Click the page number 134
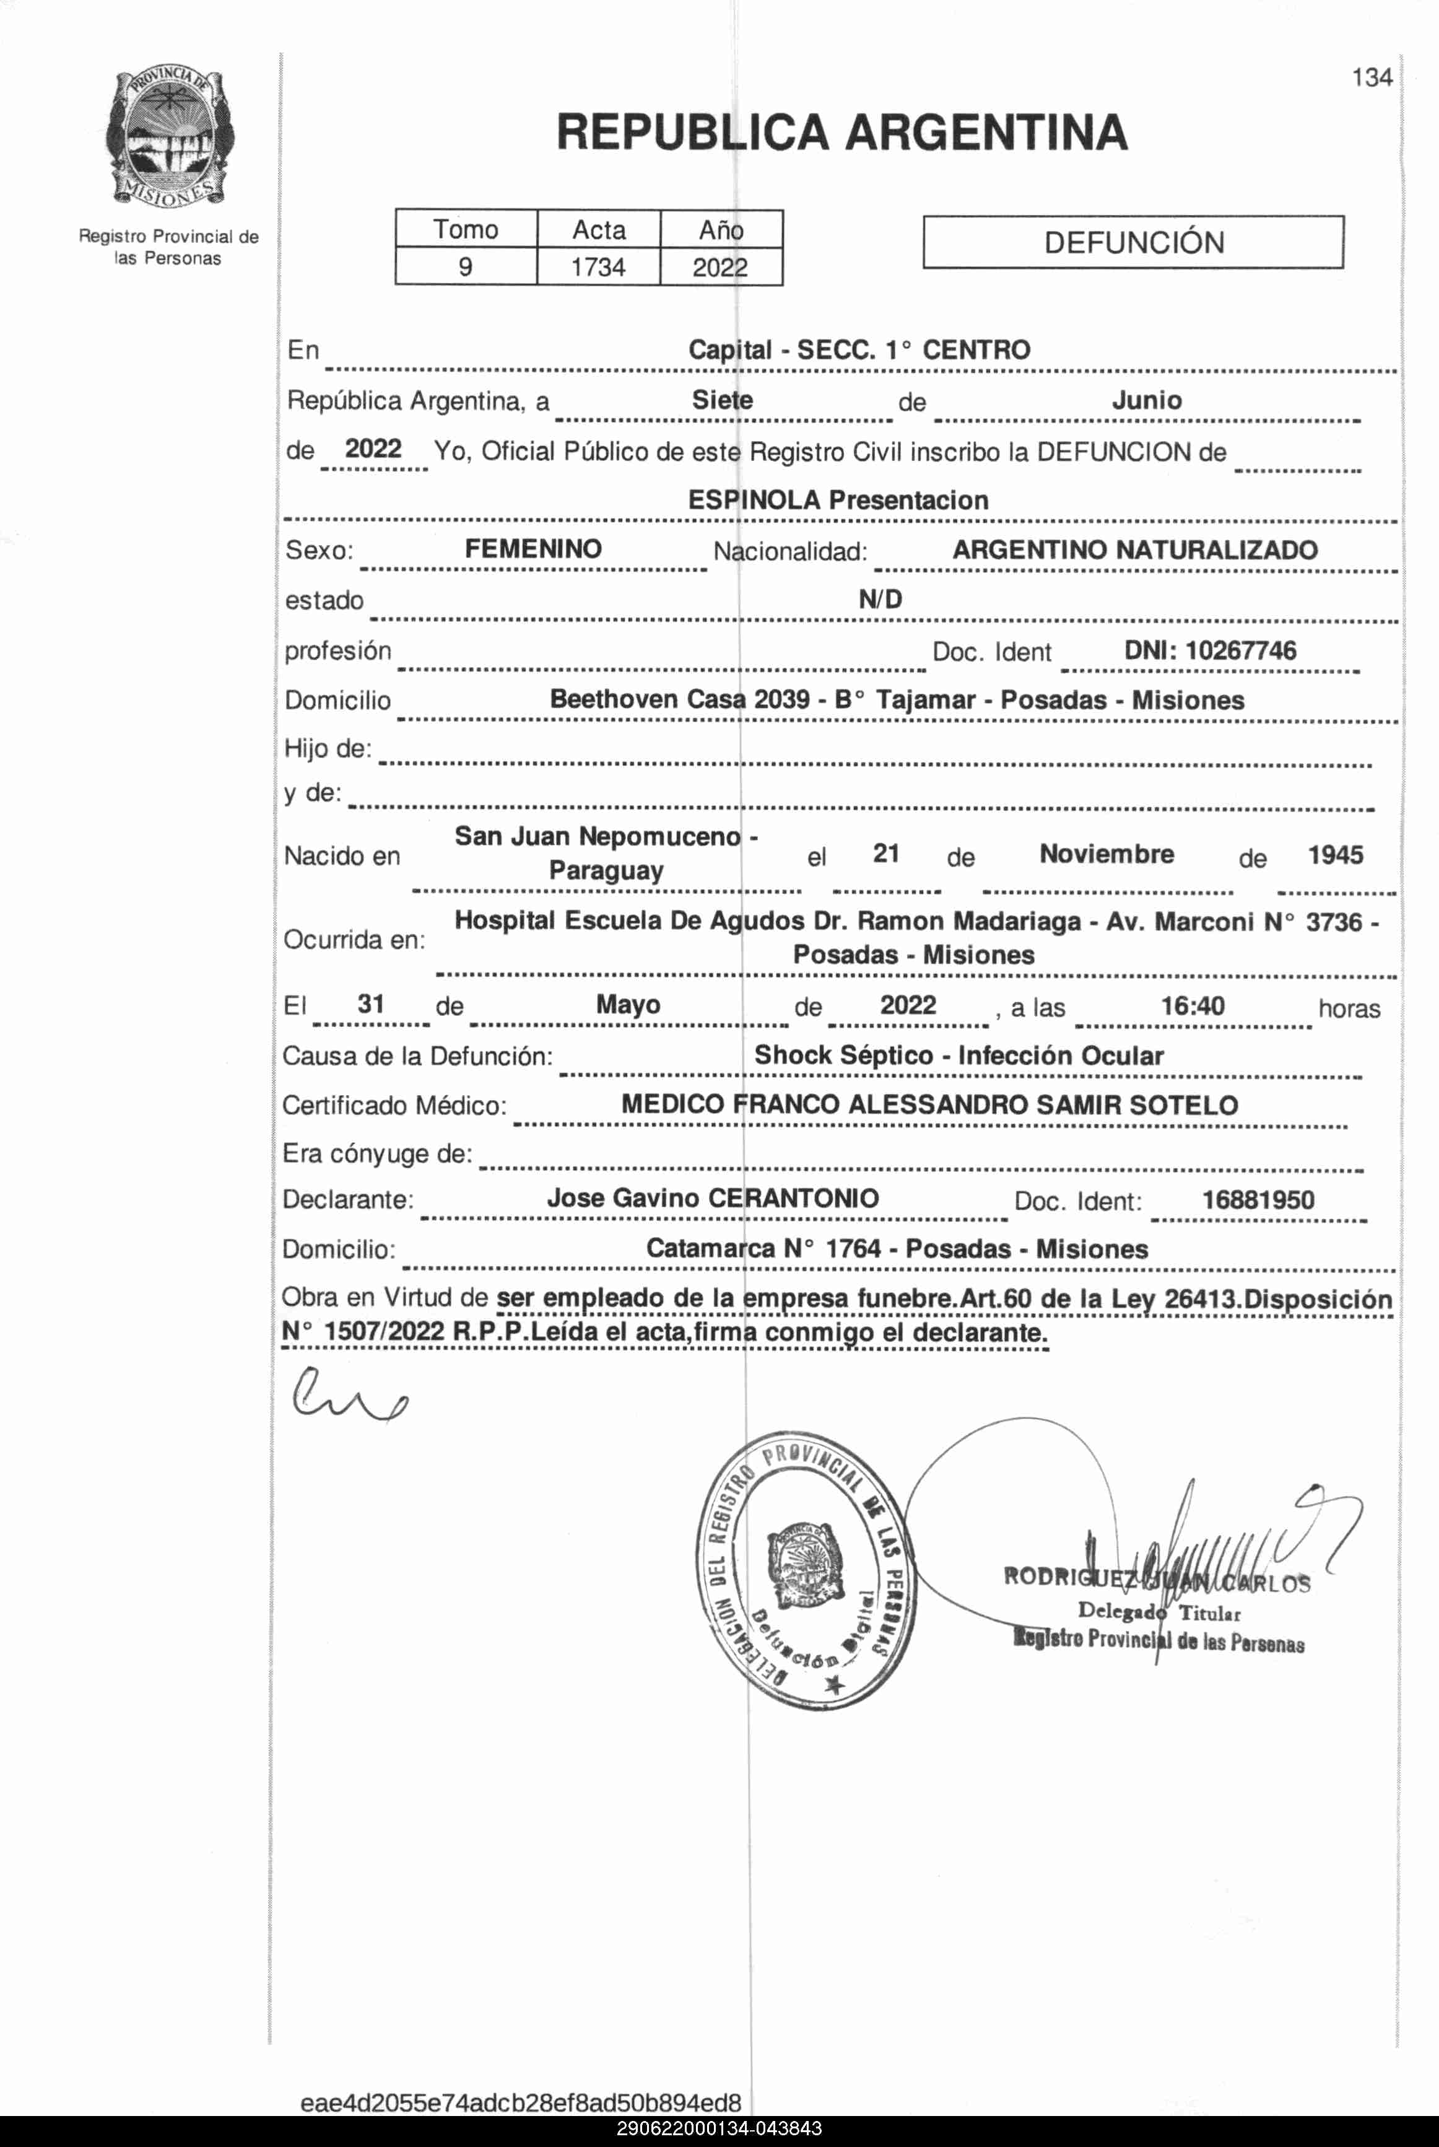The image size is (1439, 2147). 1371,78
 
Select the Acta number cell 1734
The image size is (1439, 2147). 598,267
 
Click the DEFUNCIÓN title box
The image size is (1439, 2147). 1133,242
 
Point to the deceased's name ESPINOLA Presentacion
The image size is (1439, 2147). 838,501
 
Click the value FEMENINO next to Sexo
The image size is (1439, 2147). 533,549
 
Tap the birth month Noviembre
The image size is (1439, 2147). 1106,854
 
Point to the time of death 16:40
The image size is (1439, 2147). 1192,1006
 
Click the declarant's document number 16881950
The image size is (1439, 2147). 1258,1200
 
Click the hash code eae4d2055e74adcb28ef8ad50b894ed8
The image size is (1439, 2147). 520,2102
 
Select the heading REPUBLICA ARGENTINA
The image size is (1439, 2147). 841,132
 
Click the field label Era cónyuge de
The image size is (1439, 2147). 377,1154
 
